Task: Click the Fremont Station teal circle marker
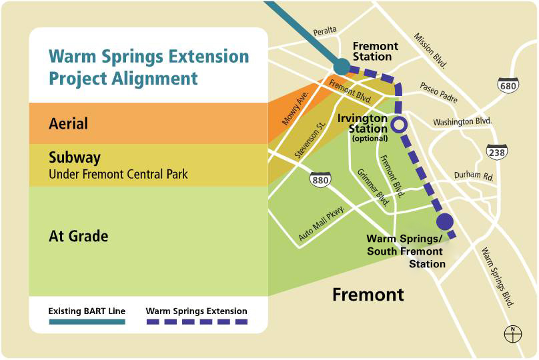341,66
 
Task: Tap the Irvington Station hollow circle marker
398,124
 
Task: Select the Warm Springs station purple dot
445,221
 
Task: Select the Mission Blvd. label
430,51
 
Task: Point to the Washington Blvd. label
462,121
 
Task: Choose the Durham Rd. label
473,177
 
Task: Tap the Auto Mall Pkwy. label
321,225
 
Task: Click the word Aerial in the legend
68,124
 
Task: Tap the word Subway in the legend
75,158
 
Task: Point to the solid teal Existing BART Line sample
87,322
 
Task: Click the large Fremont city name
368,294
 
